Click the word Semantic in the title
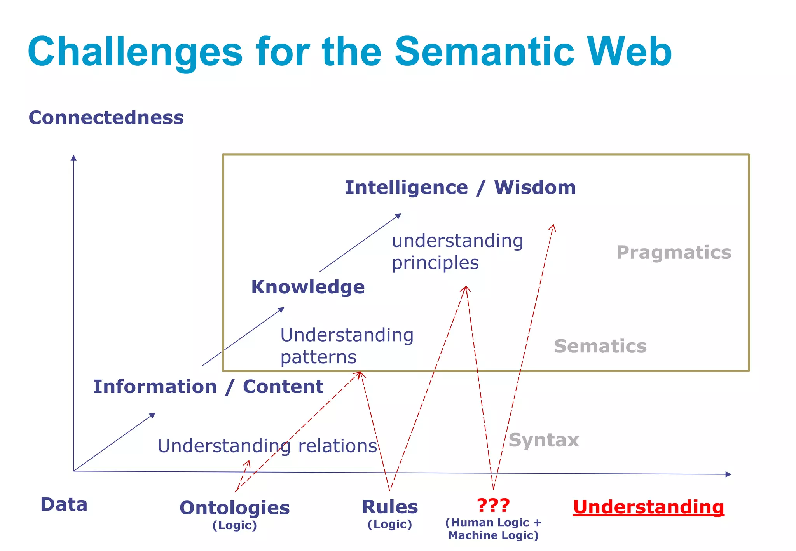(x=484, y=52)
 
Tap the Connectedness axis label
(x=106, y=118)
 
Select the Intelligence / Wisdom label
(x=460, y=188)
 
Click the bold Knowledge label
(x=308, y=287)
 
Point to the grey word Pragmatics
(x=674, y=253)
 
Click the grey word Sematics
(x=600, y=346)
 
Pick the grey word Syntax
(x=543, y=440)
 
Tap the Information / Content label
(x=208, y=387)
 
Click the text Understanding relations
(x=267, y=446)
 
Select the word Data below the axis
(x=64, y=505)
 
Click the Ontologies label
(x=234, y=508)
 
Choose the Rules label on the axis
(x=389, y=507)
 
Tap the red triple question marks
(x=493, y=505)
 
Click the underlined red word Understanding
(x=648, y=507)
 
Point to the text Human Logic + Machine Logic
(x=493, y=529)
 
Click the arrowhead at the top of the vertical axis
(x=73, y=158)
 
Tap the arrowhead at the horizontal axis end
(x=728, y=474)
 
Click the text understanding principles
(x=457, y=251)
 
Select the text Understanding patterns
(x=346, y=346)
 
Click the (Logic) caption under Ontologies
(x=234, y=525)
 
